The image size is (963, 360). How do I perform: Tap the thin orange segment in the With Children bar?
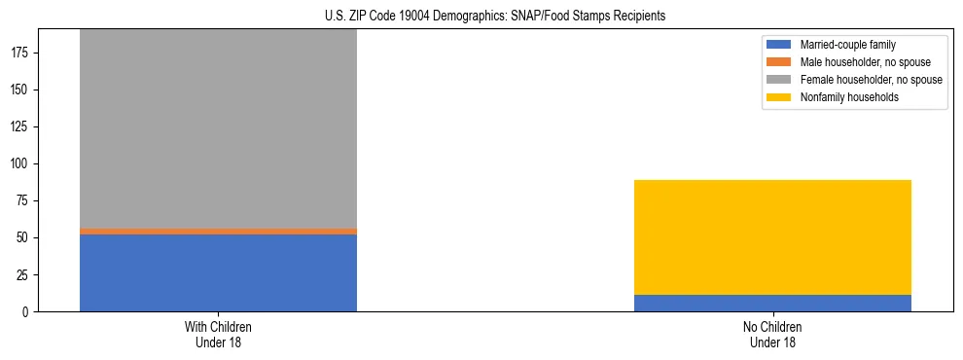point(218,232)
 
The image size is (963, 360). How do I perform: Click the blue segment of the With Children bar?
point(218,273)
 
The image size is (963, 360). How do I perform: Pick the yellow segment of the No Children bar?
point(772,237)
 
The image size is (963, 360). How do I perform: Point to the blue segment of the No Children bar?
point(772,304)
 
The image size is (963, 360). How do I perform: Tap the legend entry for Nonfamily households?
point(841,97)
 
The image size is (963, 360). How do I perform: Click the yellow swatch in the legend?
point(779,97)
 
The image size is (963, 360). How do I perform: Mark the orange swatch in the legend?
point(779,62)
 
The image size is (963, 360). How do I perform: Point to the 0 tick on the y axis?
point(28,312)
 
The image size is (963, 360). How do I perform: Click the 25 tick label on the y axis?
point(25,275)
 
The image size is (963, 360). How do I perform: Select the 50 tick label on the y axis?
point(25,238)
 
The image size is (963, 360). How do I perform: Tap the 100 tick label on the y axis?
point(22,164)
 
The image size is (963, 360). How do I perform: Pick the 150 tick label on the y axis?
point(22,90)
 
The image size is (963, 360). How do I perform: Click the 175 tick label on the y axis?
point(22,54)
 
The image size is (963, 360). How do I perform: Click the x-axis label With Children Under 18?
point(218,334)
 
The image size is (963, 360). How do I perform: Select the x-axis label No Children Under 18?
point(772,334)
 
